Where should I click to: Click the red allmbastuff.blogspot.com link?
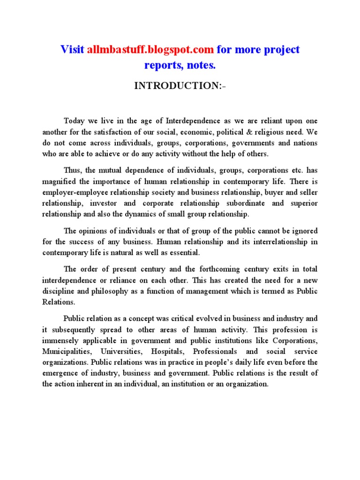tap(150, 49)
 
